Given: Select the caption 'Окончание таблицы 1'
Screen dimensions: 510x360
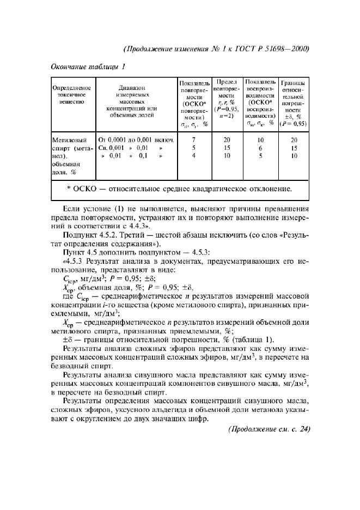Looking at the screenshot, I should point(88,67).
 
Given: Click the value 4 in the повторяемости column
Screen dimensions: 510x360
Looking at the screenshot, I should point(193,156).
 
